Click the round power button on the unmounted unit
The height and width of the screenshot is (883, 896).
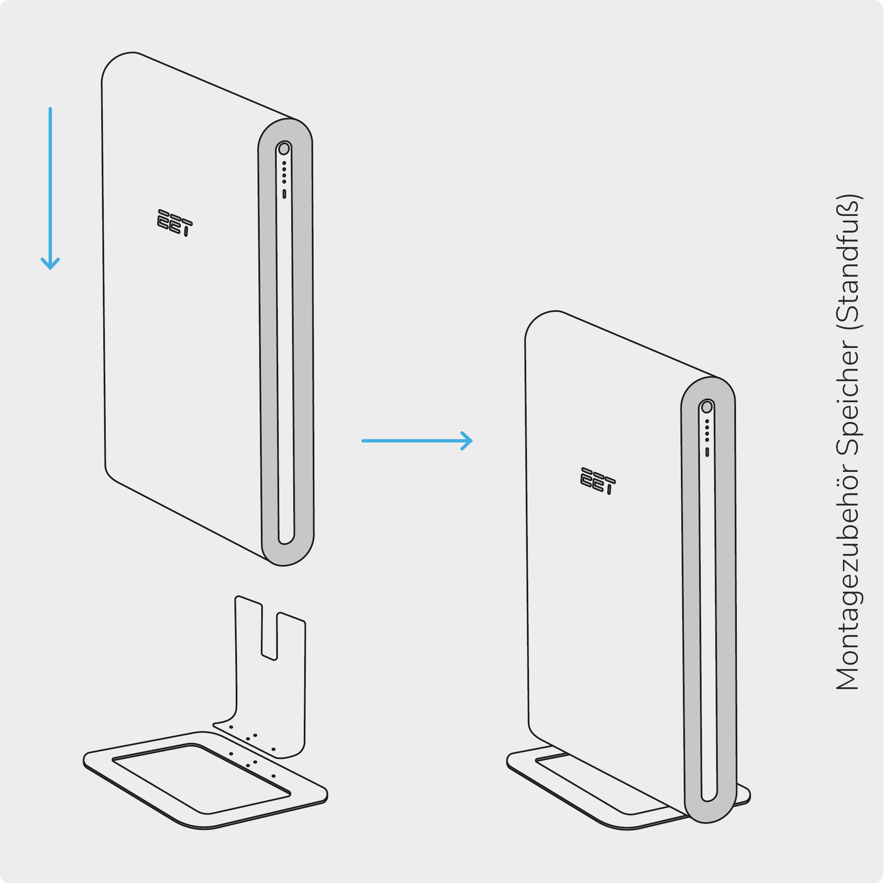tap(288, 151)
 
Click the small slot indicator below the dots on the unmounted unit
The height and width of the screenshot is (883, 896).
tap(288, 196)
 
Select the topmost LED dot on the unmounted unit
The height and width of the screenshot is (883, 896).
tap(288, 166)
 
